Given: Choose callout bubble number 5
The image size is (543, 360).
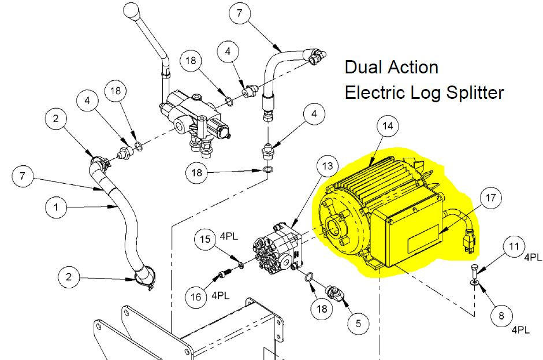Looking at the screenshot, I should pos(359,323).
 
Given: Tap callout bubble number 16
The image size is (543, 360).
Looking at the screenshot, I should pos(196,297).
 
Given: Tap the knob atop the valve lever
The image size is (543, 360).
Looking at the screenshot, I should pos(131,12).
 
